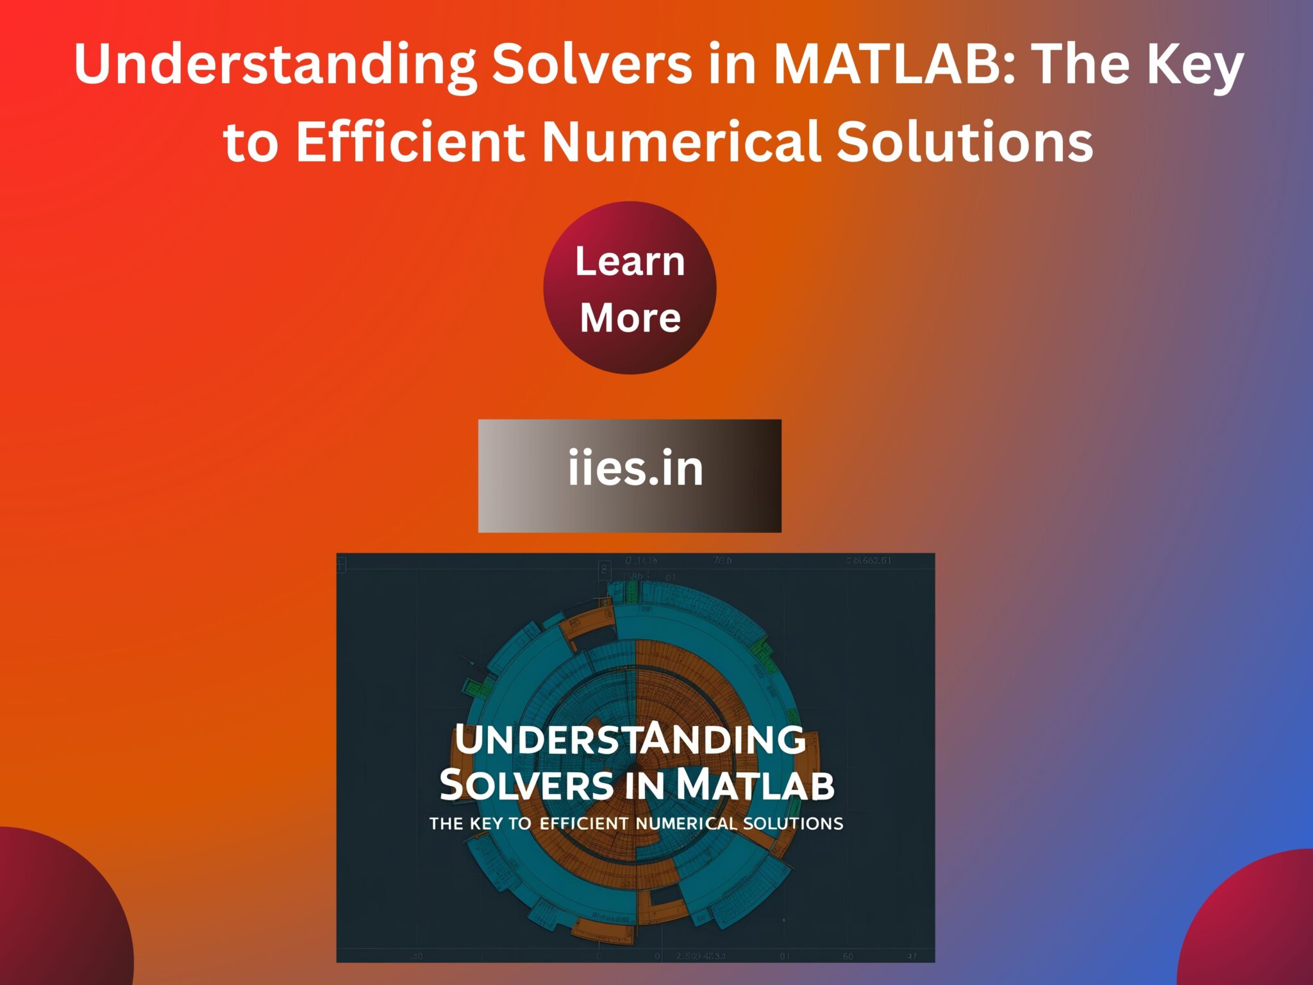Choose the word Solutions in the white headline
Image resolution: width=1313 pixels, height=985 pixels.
[964, 142]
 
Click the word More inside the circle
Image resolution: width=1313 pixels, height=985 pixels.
[630, 317]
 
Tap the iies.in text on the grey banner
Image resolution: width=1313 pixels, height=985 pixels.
[635, 468]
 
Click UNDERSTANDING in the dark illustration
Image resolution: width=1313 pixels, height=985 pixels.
[630, 739]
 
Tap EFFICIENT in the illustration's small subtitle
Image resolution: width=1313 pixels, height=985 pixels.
[584, 823]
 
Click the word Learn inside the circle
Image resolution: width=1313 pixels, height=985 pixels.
[630, 262]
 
